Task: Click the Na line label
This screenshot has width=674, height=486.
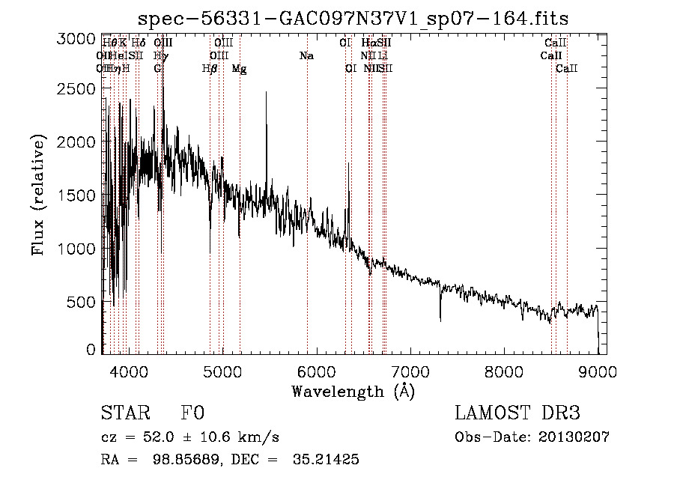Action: coord(306,56)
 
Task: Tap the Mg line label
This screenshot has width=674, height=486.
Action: coord(239,69)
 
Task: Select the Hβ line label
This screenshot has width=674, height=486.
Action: coord(210,69)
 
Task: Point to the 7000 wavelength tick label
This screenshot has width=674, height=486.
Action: coord(410,370)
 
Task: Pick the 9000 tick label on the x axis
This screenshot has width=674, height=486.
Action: coord(597,370)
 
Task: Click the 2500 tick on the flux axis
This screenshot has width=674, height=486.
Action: coord(76,89)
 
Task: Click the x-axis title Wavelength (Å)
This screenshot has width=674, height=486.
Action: coord(353,391)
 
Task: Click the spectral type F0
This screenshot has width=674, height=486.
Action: coord(192,413)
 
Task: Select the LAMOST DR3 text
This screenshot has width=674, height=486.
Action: coord(517,413)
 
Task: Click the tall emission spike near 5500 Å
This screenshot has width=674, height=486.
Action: coord(266,94)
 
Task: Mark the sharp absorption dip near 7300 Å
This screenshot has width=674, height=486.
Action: coord(440,318)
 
